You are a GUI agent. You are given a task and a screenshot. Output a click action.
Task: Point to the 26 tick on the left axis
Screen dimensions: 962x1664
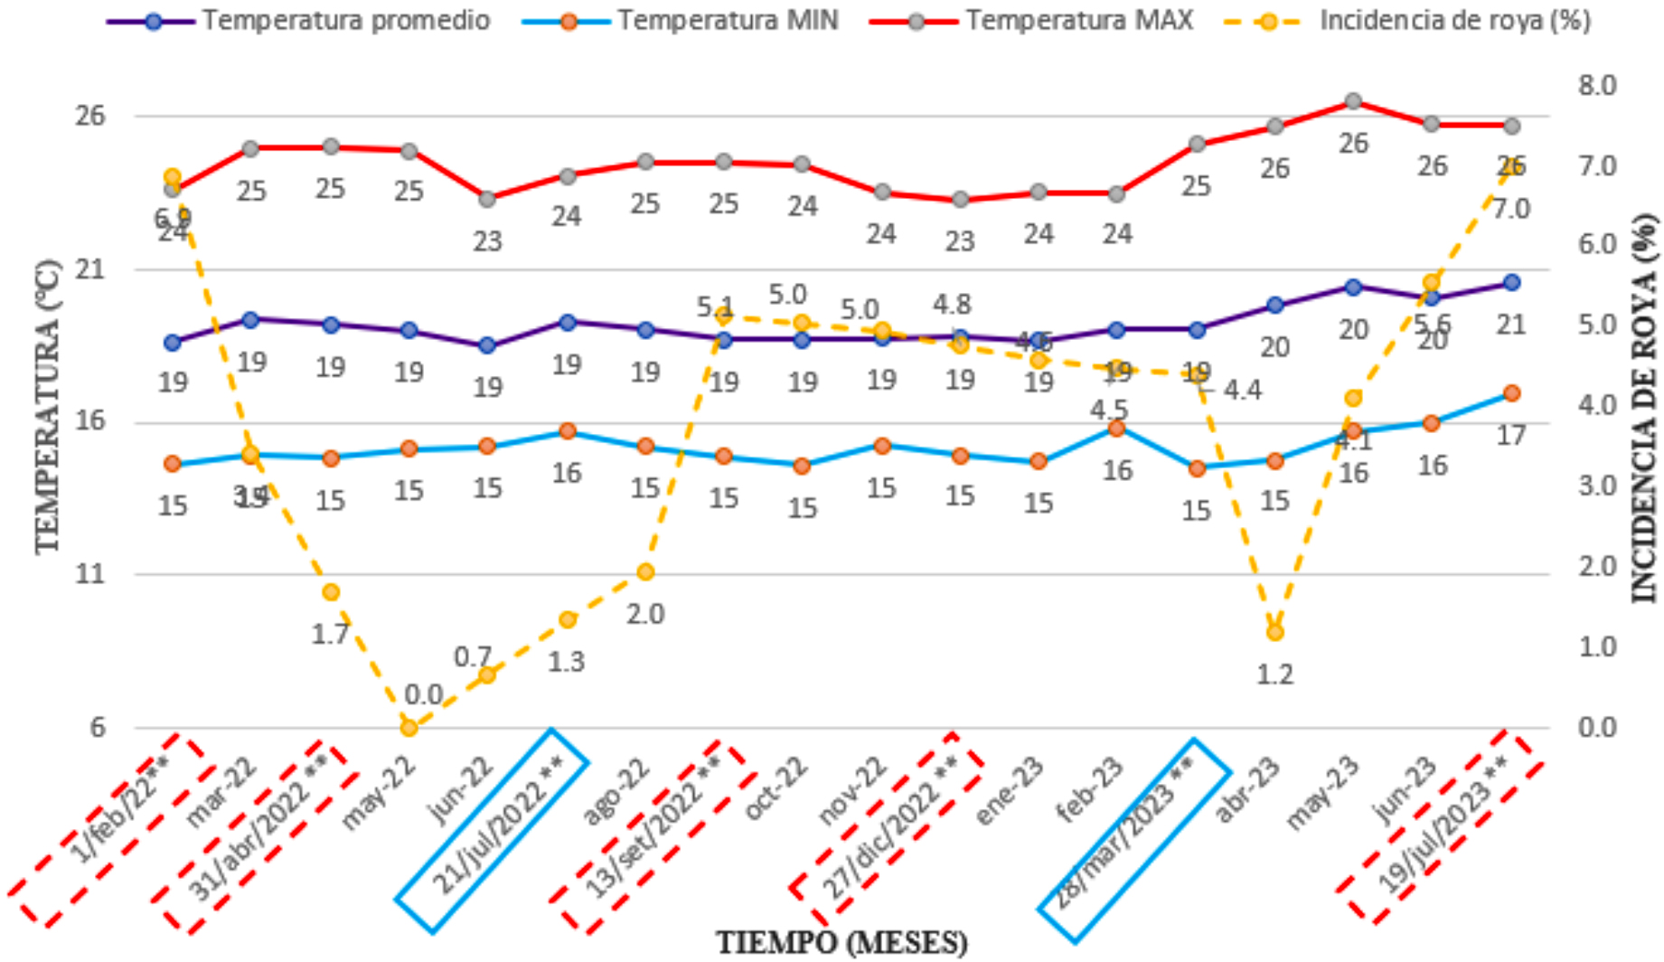pos(89,116)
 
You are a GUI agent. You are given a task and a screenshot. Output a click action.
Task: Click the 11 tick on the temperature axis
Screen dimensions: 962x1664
pos(89,574)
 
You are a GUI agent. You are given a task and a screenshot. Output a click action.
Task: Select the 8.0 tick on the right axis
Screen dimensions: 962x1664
pos(1597,86)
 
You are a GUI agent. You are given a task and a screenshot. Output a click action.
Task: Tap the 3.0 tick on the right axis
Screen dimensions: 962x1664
pos(1597,486)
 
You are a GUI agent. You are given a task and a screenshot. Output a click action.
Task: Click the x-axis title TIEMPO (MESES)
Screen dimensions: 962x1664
pos(841,943)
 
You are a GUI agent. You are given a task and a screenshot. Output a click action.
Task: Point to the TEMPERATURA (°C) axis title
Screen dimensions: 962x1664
pos(47,407)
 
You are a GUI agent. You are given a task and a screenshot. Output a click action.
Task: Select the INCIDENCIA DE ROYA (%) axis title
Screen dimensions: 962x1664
pos(1646,407)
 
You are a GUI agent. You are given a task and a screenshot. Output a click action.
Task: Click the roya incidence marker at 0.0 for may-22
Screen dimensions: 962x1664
pos(409,727)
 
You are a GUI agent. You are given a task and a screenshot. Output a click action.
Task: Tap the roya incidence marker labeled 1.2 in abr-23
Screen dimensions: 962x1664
pos(1274,632)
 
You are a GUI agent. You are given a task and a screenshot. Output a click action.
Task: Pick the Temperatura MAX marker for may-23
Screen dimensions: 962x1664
pos(1353,101)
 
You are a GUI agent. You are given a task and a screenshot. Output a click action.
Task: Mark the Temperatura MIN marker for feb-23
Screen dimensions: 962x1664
pos(1116,429)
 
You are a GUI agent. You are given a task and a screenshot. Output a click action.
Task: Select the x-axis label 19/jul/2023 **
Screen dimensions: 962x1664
pos(1441,825)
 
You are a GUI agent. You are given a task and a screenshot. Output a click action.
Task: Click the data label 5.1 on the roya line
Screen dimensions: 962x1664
pos(715,307)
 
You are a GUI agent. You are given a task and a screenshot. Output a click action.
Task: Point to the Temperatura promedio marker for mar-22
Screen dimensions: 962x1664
pos(250,319)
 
